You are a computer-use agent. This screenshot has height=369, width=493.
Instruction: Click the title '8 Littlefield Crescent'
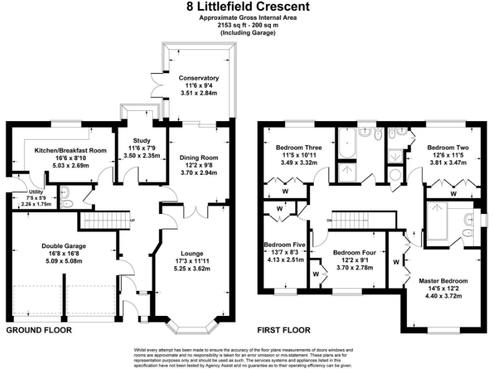coord(247,7)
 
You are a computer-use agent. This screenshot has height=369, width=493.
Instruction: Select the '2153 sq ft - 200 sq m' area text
coord(247,26)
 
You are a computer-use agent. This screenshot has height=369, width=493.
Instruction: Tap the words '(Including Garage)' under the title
coord(247,33)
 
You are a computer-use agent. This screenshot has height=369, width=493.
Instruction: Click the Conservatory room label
coord(198,78)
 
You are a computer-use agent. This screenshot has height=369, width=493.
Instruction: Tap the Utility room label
coord(35,192)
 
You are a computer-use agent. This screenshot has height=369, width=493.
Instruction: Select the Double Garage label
coord(64,245)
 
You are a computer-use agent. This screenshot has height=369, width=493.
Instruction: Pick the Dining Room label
coord(198,158)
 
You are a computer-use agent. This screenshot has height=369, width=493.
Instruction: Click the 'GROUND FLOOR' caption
coord(39,331)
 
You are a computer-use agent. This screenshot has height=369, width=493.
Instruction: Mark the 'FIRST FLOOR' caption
coord(283,331)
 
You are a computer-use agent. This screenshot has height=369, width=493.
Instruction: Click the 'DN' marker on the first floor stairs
coord(328,221)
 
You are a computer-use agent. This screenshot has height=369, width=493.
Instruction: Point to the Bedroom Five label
coord(284,245)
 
